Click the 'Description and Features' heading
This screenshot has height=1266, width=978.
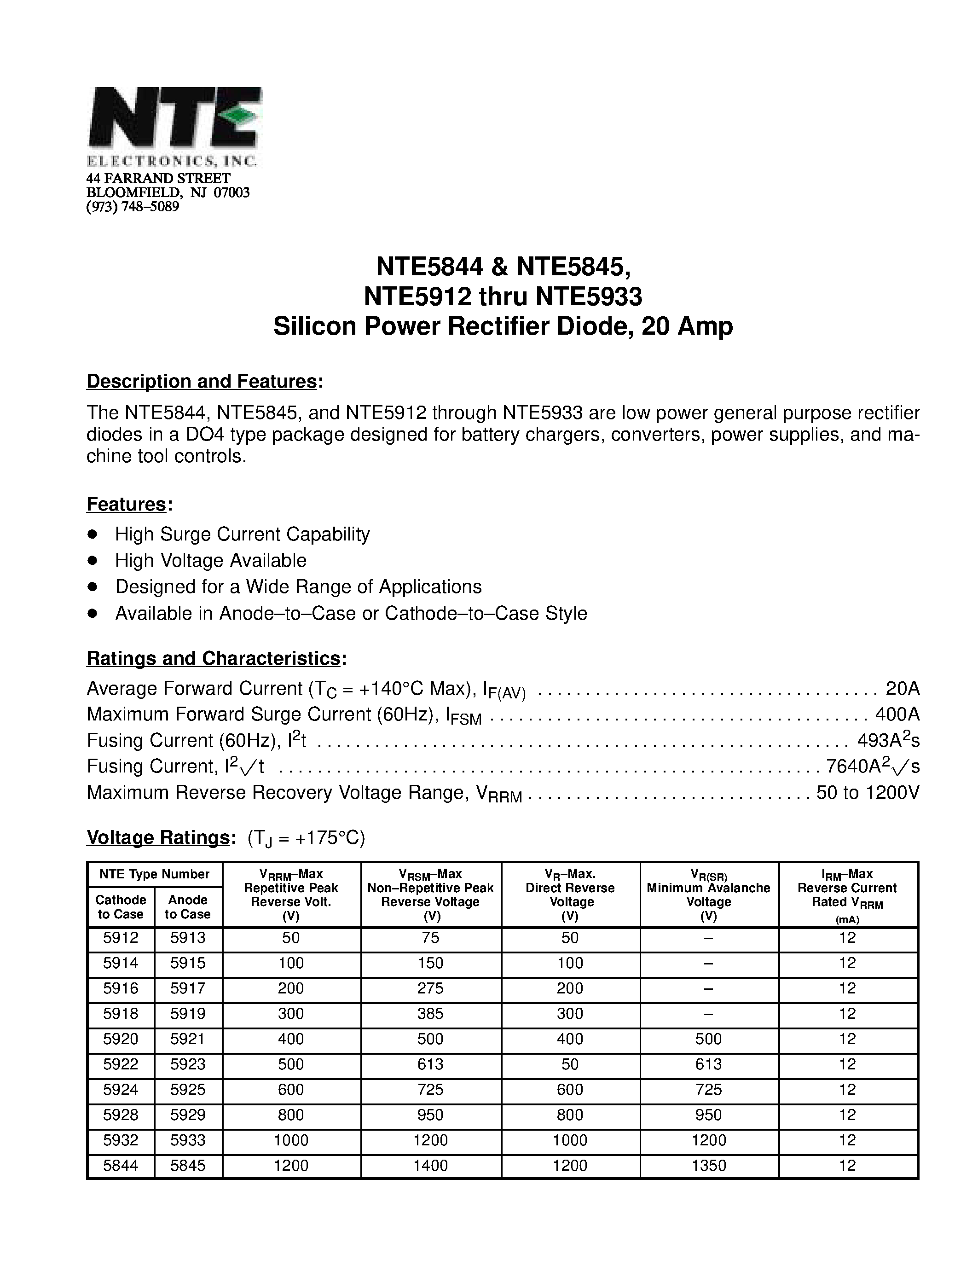coord(202,382)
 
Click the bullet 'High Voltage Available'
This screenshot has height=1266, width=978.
coord(210,561)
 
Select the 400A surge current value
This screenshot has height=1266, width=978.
coord(897,714)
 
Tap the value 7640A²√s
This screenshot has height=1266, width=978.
coord(873,767)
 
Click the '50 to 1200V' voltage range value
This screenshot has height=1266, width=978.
coord(868,792)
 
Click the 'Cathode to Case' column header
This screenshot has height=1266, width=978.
coord(121,906)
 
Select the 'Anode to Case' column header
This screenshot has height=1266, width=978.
coord(188,906)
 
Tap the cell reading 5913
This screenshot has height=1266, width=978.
coord(188,938)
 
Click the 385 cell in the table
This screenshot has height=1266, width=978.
coord(430,1014)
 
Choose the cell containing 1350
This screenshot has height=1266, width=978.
coord(709,1166)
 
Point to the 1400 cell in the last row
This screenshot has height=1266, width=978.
coord(430,1166)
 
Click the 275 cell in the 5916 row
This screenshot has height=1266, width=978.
coord(430,988)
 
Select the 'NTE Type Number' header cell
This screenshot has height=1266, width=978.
coord(154,874)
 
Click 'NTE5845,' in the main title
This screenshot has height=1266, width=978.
coord(573,267)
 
